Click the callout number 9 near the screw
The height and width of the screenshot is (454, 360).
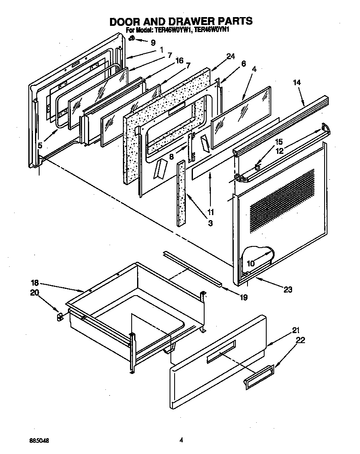153,42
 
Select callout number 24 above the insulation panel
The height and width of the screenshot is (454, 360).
231,56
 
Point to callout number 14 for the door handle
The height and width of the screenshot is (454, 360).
297,83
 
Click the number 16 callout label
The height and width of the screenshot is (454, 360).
179,60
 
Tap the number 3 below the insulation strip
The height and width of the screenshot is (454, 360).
210,223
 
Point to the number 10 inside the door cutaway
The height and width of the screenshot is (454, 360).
251,263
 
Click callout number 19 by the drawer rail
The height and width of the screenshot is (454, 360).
244,297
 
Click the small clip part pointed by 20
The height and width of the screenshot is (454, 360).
59,317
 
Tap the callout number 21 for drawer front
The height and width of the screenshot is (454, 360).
296,330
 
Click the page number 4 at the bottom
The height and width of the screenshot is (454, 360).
181,439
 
